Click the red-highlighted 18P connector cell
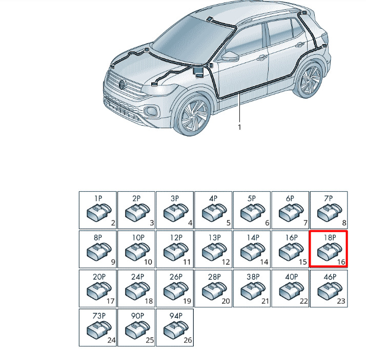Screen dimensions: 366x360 point(329,249)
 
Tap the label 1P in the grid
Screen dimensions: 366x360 point(98,198)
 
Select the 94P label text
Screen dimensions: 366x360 point(176,316)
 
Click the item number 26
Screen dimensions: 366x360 point(188,340)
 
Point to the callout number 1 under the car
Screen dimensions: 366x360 point(239,127)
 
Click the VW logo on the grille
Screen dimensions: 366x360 point(122,84)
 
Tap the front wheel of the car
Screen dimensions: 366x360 point(193,114)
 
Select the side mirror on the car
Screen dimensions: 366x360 point(230,56)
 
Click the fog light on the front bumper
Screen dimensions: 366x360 point(151,111)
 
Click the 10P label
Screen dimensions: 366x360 point(138,237)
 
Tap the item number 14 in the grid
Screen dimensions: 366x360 point(264,262)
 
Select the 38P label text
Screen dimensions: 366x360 point(253,277)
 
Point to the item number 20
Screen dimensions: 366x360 point(226,301)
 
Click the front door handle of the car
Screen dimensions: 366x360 point(262,57)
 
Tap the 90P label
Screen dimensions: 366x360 point(137,316)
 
